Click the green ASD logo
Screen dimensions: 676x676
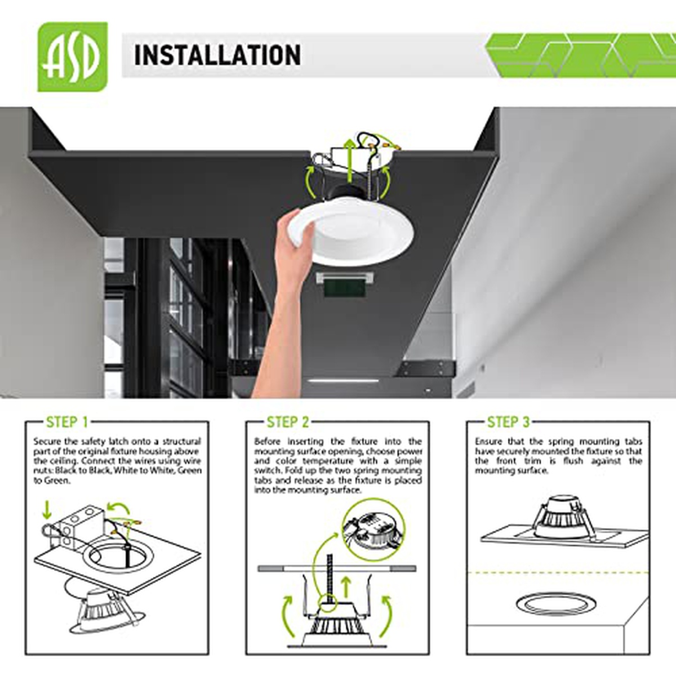73,57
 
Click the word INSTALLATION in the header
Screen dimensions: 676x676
217,55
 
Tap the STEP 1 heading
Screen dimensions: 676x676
66,422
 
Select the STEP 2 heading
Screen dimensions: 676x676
287,422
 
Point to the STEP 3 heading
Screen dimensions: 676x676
508,422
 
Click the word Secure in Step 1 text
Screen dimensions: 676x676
46,441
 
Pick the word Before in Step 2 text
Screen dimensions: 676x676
268,441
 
